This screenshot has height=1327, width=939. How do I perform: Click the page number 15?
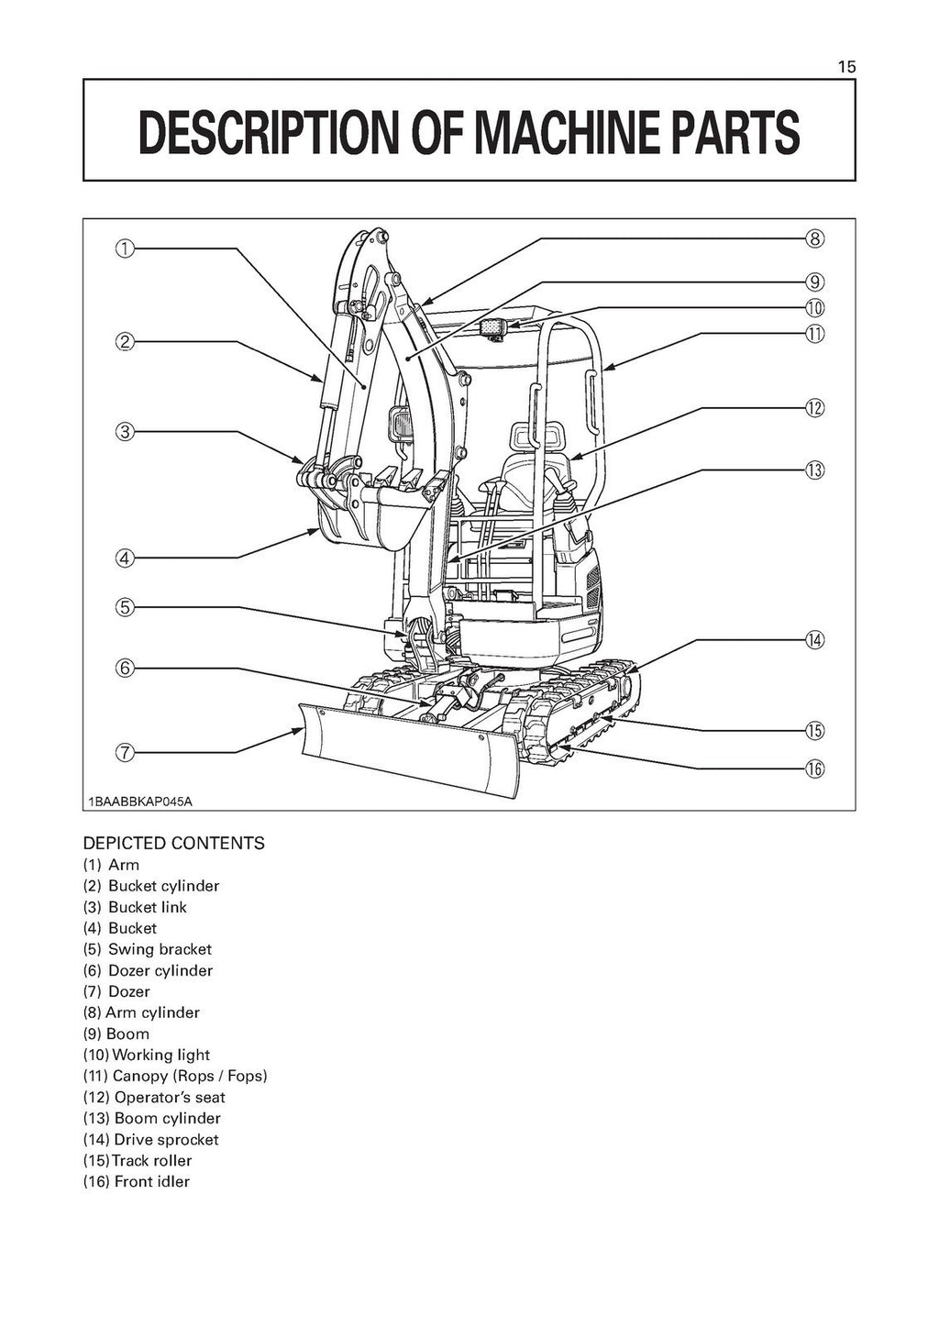pos(845,67)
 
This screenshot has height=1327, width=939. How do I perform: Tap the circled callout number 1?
pos(124,248)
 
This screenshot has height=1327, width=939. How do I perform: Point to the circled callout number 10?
pos(814,308)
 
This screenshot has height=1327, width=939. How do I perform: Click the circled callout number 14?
pos(814,640)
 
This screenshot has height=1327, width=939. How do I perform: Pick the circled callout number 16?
pos(814,769)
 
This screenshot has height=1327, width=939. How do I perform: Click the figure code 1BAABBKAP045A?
pos(140,802)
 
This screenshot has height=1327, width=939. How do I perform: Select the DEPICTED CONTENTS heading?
pos(173,843)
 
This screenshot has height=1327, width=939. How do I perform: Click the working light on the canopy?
pos(494,327)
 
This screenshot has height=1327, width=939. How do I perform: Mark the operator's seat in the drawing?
pos(523,468)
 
